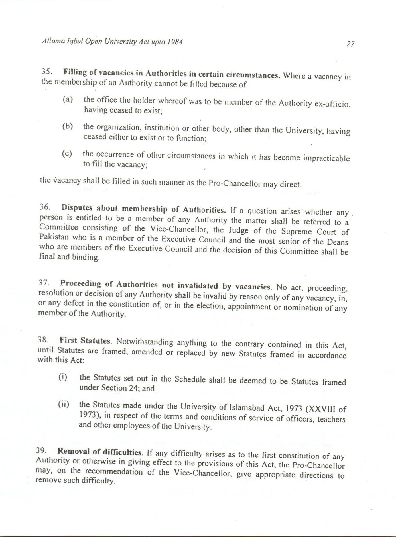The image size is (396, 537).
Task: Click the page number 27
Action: click(x=350, y=44)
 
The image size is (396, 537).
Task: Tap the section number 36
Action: click(x=45, y=207)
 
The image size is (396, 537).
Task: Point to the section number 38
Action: click(x=43, y=340)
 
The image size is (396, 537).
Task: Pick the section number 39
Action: click(x=41, y=450)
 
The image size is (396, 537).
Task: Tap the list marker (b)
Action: click(x=68, y=126)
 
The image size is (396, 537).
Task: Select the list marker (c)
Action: click(x=67, y=154)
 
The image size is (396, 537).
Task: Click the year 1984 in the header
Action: click(x=175, y=42)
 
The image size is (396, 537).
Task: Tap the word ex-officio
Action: click(x=332, y=104)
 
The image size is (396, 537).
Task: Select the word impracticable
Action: click(x=326, y=158)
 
